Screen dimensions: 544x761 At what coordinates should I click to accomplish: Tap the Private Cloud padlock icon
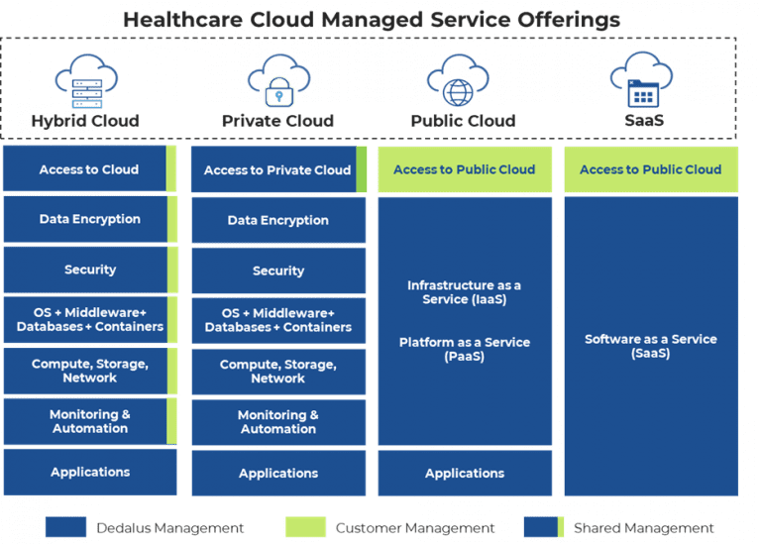[x=277, y=80]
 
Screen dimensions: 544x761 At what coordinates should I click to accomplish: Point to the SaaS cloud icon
[x=643, y=80]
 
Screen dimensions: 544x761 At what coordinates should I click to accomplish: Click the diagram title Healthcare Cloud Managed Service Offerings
[x=372, y=19]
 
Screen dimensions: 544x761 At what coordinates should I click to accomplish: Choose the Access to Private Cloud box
[x=277, y=170]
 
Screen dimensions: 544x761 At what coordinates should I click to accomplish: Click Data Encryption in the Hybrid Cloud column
[x=89, y=219]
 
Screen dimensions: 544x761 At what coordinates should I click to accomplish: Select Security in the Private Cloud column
[x=277, y=271]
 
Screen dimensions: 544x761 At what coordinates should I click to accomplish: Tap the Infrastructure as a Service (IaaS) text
[x=464, y=292]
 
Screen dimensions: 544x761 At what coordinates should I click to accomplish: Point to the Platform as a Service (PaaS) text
[x=464, y=349]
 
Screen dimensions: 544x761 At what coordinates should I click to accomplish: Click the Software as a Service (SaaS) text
[x=650, y=346]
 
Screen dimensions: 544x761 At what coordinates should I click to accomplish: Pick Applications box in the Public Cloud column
[x=464, y=474]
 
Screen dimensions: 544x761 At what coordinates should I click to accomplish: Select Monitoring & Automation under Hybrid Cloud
[x=89, y=421]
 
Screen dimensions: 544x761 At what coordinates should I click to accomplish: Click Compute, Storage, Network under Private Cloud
[x=277, y=372]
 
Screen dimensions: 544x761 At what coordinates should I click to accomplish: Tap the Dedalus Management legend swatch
[x=66, y=528]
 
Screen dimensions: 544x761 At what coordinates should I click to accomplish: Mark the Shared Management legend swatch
[x=543, y=528]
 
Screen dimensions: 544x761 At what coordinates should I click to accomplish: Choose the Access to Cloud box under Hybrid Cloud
[x=89, y=169]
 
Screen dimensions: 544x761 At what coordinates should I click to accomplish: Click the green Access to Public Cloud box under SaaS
[x=650, y=169]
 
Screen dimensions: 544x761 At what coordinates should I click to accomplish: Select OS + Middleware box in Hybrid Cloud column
[x=89, y=320]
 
